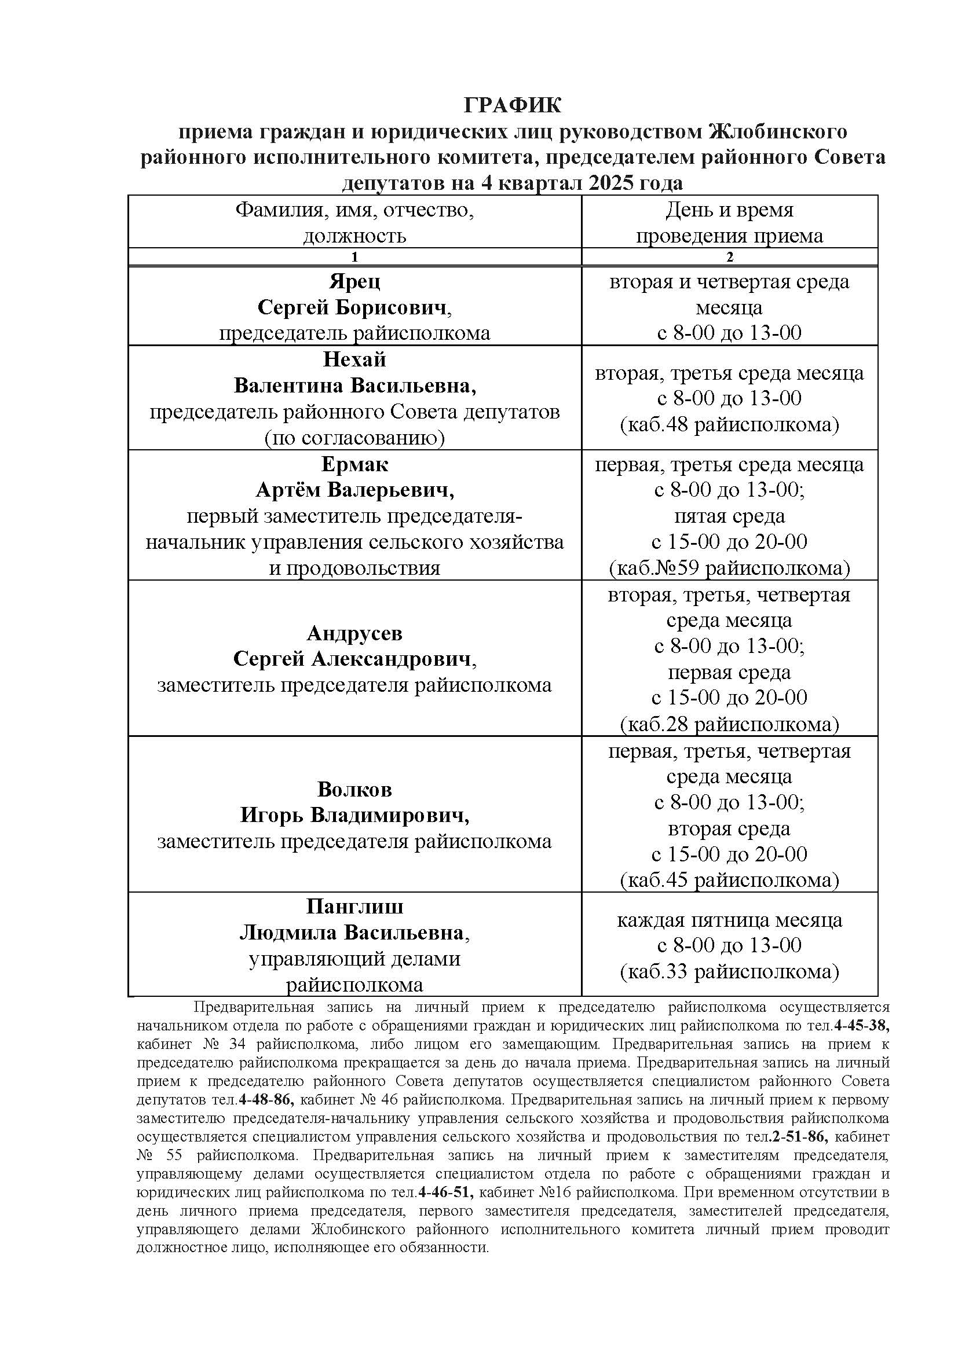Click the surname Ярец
[354, 281]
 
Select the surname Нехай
[354, 359]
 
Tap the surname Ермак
[354, 464]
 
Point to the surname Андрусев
[354, 633]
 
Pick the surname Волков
[354, 789]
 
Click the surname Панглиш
[354, 906]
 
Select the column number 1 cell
[354, 256]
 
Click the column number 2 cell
[730, 256]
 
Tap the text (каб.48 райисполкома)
[730, 424]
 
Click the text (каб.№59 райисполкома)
[730, 568]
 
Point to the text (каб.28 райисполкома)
[730, 724]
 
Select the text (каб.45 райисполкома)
[730, 880]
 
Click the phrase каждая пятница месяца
[730, 920]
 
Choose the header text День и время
[730, 210]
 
